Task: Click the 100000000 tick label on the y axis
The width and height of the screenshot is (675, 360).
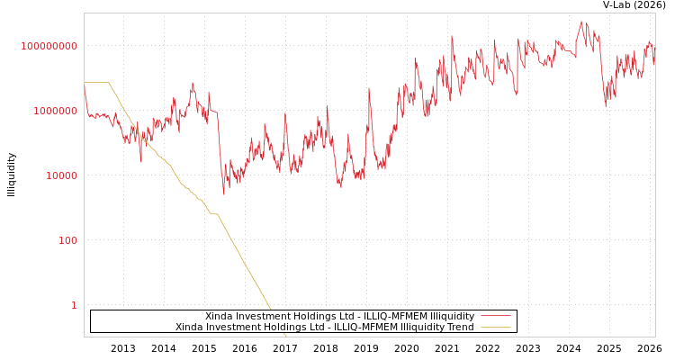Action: (49, 46)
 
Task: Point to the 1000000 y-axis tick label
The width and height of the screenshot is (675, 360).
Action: (56, 111)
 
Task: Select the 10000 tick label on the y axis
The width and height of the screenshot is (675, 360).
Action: (61, 175)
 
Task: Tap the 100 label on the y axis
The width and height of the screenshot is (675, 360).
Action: (67, 240)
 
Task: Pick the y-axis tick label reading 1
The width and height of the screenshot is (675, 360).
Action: (74, 305)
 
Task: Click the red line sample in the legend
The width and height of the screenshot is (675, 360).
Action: (495, 316)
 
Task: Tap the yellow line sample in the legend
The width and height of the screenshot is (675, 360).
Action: (495, 327)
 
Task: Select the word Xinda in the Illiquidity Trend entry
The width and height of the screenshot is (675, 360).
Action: (191, 327)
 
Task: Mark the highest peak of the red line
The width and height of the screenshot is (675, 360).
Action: (581, 22)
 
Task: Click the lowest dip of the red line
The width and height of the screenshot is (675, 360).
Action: (224, 193)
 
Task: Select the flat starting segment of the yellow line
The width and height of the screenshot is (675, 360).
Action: (96, 83)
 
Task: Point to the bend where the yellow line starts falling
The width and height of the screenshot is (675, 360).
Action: (109, 83)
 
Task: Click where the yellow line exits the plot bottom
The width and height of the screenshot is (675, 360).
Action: (286, 336)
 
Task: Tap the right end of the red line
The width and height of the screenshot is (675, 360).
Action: (654, 63)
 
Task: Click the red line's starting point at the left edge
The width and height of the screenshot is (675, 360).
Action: (85, 84)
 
